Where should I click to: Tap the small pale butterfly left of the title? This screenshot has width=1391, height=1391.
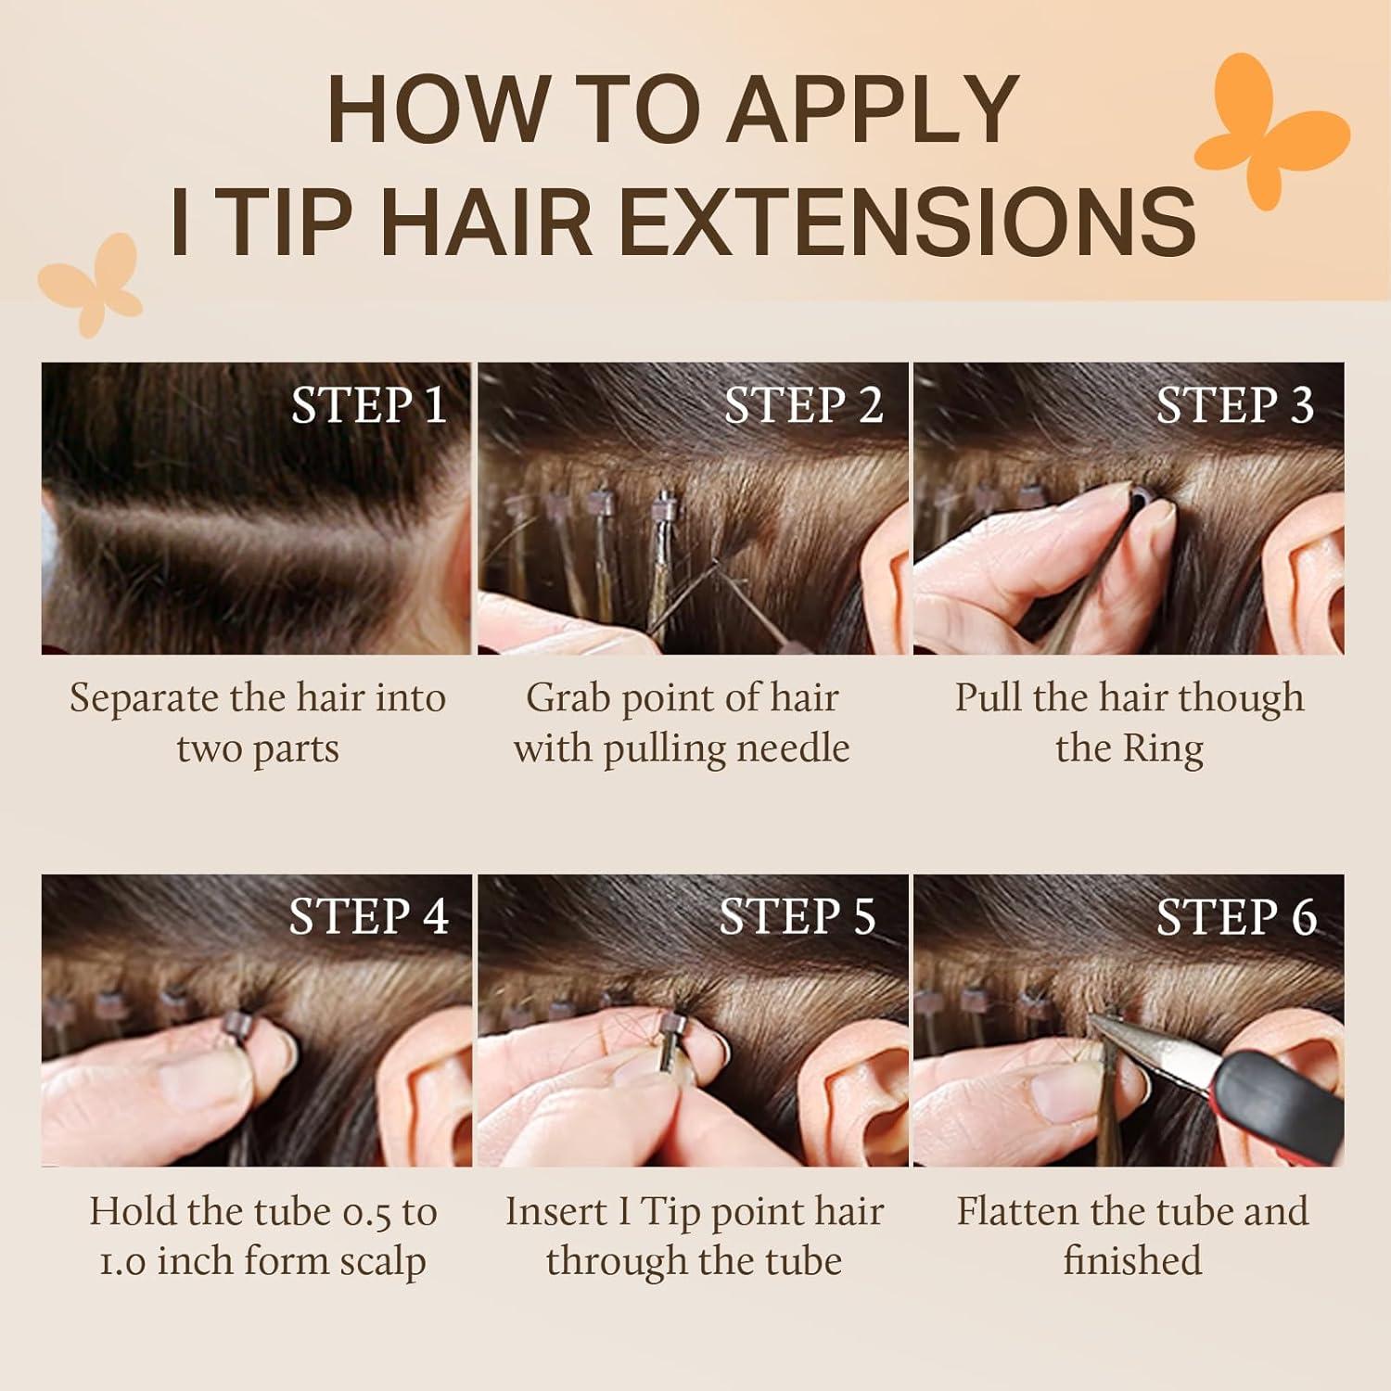91,282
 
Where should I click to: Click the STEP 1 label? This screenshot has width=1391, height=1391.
369,406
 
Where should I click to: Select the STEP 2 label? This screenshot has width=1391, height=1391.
803,406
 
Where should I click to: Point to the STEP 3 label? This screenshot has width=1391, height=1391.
1235,406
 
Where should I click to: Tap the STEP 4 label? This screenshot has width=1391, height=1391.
369,917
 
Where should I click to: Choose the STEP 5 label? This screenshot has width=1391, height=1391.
798,917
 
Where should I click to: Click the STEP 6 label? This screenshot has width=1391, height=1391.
1236,917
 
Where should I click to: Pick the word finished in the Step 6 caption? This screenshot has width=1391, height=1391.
1132,1260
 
